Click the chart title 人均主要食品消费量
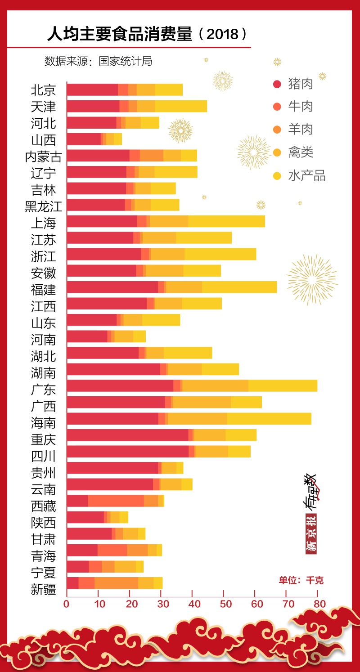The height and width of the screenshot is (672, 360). pyautogui.click(x=119, y=35)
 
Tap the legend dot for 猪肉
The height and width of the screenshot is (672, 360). pyautogui.click(x=277, y=84)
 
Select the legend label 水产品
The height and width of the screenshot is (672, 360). pyautogui.click(x=306, y=175)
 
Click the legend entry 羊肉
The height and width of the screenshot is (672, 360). pyautogui.click(x=300, y=130)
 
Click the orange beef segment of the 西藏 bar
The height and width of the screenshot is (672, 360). pyautogui.click(x=116, y=501)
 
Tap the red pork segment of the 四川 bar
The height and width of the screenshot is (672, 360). pyautogui.click(x=127, y=451)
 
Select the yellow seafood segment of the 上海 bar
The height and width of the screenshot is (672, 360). pyautogui.click(x=226, y=221)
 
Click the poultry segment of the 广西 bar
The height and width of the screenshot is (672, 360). pyautogui.click(x=202, y=402)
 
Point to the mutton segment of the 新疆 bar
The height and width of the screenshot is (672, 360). pyautogui.click(x=116, y=583)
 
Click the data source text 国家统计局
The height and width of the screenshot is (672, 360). pyautogui.click(x=126, y=61)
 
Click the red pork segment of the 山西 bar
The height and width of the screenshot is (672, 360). pyautogui.click(x=84, y=139)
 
